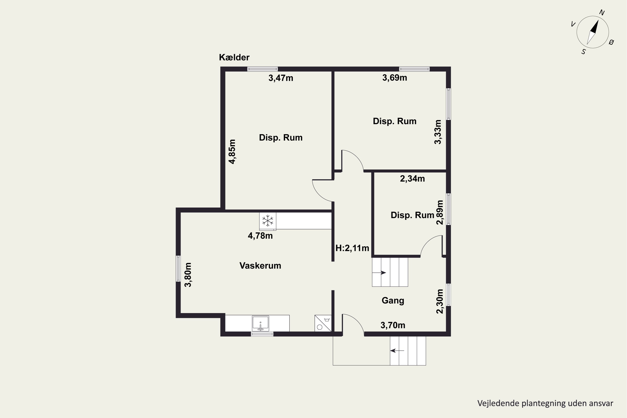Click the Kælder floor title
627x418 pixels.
(234, 57)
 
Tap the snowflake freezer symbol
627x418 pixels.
(268, 221)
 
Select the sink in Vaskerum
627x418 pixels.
(260, 323)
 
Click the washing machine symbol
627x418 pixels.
(323, 323)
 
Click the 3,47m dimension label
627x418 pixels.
(281, 78)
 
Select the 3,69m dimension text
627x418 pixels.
(395, 78)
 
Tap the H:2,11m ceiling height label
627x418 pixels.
(352, 248)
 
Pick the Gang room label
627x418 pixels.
(393, 301)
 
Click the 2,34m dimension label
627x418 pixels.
(412, 179)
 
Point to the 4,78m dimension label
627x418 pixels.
(260, 236)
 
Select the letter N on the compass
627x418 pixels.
(602, 13)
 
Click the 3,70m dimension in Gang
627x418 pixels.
(393, 325)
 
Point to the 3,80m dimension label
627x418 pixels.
(188, 275)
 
